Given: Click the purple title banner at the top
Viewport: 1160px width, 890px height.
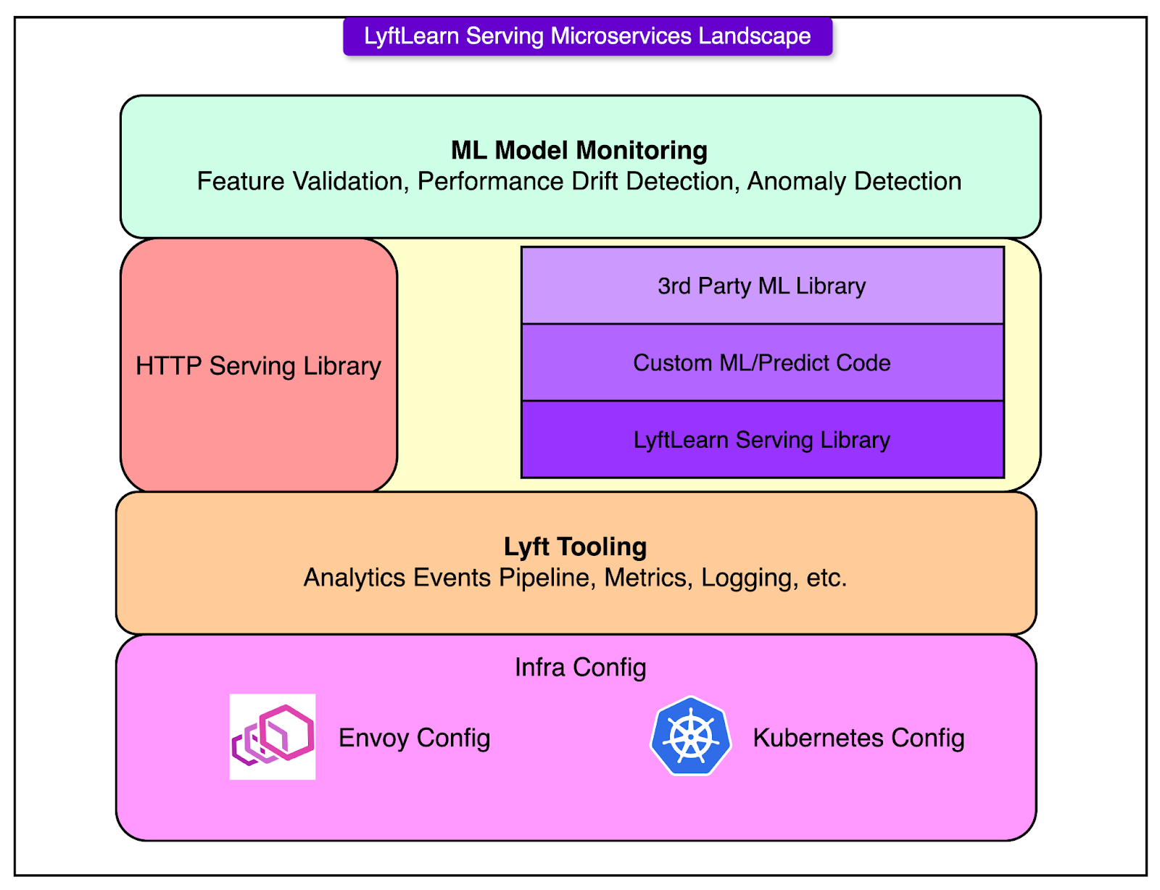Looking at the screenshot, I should point(587,36).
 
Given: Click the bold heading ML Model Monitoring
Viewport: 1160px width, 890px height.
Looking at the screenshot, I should point(579,150).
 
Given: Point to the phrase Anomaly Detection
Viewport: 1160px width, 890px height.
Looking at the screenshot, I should point(854,181).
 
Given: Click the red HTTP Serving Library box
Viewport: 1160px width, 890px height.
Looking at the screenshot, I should point(259,365).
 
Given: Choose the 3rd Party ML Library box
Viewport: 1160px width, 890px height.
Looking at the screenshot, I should point(762,286).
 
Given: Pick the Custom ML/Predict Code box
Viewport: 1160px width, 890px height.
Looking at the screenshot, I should point(762,362).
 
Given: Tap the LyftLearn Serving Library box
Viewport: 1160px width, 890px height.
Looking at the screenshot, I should point(762,440).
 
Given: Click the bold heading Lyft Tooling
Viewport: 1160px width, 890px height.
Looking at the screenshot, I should point(576,546).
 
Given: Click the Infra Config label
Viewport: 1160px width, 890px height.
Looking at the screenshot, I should point(580,667).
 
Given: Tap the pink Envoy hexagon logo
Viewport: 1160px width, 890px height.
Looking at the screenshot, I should point(273,736).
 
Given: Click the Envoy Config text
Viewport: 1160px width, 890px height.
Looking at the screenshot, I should point(414,738).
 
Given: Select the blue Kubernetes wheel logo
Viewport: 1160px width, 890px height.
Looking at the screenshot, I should point(691,736).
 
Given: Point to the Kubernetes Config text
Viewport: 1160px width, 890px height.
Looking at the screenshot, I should point(858,738).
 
